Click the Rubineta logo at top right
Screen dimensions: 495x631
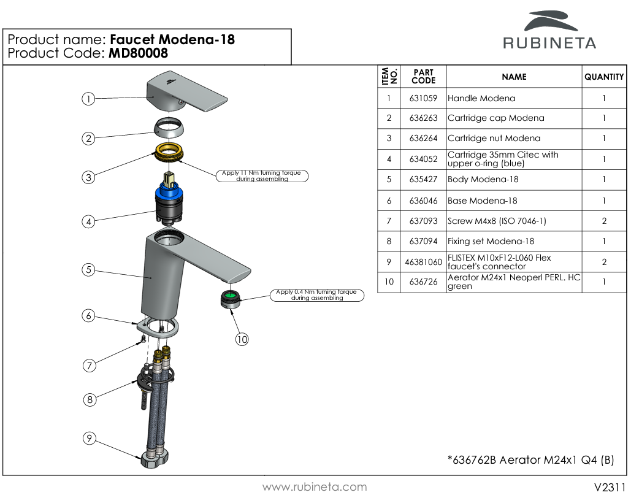pyautogui.click(x=549, y=30)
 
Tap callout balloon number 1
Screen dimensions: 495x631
pyautogui.click(x=89, y=99)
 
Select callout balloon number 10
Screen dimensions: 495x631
pyautogui.click(x=242, y=339)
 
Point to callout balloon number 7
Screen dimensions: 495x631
pyautogui.click(x=90, y=366)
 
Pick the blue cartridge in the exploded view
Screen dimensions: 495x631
pyautogui.click(x=169, y=199)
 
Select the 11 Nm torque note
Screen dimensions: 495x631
pyautogui.click(x=262, y=176)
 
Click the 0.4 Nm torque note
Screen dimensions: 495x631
pyautogui.click(x=316, y=295)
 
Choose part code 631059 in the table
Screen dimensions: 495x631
pyautogui.click(x=423, y=98)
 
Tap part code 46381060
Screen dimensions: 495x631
pyautogui.click(x=423, y=262)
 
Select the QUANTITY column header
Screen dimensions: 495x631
pyautogui.click(x=604, y=77)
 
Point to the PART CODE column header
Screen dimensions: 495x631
pyautogui.click(x=423, y=77)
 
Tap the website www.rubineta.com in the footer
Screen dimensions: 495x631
pyautogui.click(x=315, y=487)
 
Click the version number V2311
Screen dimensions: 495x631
pyautogui.click(x=610, y=487)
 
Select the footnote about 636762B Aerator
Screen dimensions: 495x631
pyautogui.click(x=530, y=460)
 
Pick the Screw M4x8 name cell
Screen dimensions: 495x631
pyautogui.click(x=497, y=221)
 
